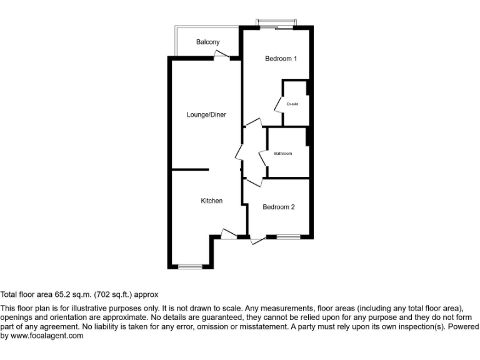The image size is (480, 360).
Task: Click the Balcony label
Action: pos(207,42)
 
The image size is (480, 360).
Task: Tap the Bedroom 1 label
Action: pos(281,59)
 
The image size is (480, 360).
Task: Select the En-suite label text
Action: pos(292,104)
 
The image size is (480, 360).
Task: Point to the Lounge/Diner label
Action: pos(206,114)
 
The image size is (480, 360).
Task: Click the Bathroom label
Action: pos(282,153)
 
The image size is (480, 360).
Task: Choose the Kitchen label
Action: pos(211,201)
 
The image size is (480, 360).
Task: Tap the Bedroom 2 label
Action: pos(278,207)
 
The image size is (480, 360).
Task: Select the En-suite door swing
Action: pos(279,104)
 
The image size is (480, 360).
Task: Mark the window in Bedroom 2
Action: pos(288,237)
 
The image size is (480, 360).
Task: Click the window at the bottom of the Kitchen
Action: pos(191,267)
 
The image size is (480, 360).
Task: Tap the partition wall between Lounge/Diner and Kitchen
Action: pos(190,169)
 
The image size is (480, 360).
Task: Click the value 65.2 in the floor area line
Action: pos(61,294)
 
